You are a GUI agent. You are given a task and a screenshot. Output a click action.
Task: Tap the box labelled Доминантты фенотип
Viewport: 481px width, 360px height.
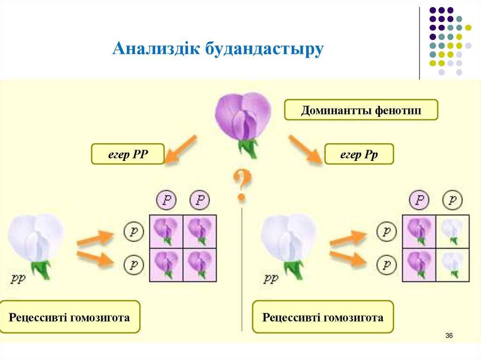coord(361,111)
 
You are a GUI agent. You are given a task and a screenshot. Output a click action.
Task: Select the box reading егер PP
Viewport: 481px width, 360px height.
coord(128,154)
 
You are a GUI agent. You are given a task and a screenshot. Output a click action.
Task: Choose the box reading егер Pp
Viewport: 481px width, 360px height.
coord(359,154)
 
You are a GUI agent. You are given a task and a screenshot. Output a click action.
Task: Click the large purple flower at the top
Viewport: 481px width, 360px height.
coord(243,117)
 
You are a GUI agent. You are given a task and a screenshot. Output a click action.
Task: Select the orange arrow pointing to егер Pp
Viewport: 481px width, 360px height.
coord(305,149)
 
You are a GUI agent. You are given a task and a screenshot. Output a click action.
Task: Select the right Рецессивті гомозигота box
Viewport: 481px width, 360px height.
coord(323,317)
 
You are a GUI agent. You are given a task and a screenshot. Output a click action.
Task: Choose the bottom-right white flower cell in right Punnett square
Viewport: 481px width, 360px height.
coord(452,265)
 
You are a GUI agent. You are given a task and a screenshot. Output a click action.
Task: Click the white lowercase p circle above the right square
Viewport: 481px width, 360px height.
coord(452,200)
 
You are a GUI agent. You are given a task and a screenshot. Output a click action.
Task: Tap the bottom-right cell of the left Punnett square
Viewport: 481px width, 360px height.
coord(200,265)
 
